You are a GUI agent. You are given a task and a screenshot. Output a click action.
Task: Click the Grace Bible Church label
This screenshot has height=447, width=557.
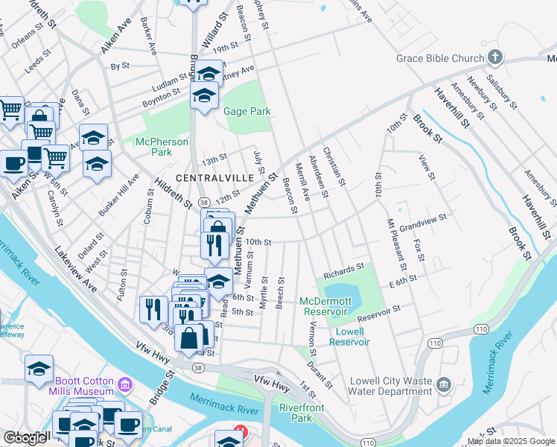click(440, 58)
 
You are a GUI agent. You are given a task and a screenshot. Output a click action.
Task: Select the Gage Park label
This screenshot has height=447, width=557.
click(246, 112)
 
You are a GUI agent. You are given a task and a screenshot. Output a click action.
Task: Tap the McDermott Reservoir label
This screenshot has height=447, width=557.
click(324, 305)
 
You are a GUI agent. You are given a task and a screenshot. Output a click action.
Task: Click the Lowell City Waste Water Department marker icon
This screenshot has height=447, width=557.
click(444, 384)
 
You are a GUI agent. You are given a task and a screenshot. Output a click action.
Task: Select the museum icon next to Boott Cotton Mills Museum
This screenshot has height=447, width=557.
click(125, 385)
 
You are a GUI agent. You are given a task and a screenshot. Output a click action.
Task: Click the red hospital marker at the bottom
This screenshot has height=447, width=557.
click(240, 431)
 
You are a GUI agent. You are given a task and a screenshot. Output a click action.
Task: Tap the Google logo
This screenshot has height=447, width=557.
click(26, 437)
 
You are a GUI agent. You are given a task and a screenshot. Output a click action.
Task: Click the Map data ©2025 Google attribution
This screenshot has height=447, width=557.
click(511, 441)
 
